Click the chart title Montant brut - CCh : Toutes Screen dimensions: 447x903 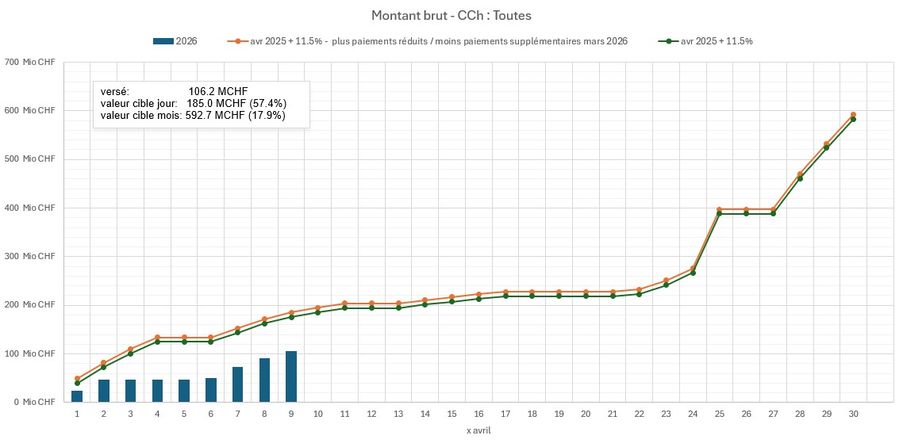click(x=451, y=16)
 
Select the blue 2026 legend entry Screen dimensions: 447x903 click(x=175, y=41)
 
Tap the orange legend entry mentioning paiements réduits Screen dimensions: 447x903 click(x=428, y=41)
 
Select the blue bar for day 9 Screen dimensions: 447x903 click(x=291, y=376)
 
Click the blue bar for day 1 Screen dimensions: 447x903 click(x=77, y=396)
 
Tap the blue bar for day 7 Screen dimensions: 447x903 click(x=237, y=384)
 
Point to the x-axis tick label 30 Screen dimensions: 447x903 click(x=853, y=415)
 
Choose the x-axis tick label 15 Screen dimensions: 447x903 click(x=451, y=415)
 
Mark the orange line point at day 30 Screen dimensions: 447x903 click(x=853, y=115)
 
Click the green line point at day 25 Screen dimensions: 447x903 click(x=719, y=214)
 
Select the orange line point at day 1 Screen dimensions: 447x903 click(x=77, y=379)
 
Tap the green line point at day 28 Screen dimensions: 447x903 click(x=800, y=178)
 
